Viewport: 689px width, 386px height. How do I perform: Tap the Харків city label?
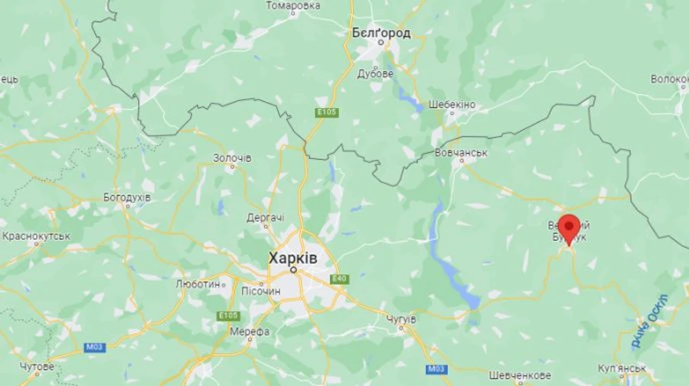(x=292, y=258)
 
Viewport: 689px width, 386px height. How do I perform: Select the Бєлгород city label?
(x=380, y=33)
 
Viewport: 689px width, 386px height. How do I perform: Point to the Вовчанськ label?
(x=461, y=154)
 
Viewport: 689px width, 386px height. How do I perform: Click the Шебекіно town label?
(x=452, y=105)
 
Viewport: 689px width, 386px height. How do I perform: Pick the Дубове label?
(x=375, y=74)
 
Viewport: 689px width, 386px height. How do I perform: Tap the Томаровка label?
(x=293, y=6)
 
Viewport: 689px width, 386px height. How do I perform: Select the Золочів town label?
(x=232, y=158)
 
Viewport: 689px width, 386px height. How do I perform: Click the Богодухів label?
(x=127, y=197)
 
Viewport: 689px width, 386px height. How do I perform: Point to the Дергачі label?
(x=266, y=218)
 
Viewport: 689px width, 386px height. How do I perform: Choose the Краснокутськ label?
(x=36, y=236)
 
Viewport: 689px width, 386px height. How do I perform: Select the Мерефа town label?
(x=250, y=332)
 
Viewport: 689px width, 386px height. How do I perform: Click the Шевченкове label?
(x=519, y=375)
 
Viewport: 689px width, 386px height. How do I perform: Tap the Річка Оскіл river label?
(x=650, y=322)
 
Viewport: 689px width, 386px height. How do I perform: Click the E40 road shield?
(x=339, y=279)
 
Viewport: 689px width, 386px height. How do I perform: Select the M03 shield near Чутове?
(x=94, y=348)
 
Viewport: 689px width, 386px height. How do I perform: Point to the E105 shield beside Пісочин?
(x=228, y=316)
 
